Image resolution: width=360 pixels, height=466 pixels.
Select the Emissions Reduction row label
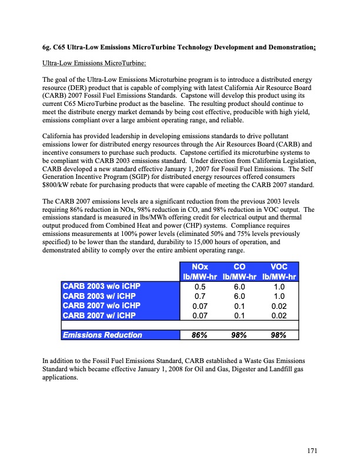[x=102, y=335]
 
